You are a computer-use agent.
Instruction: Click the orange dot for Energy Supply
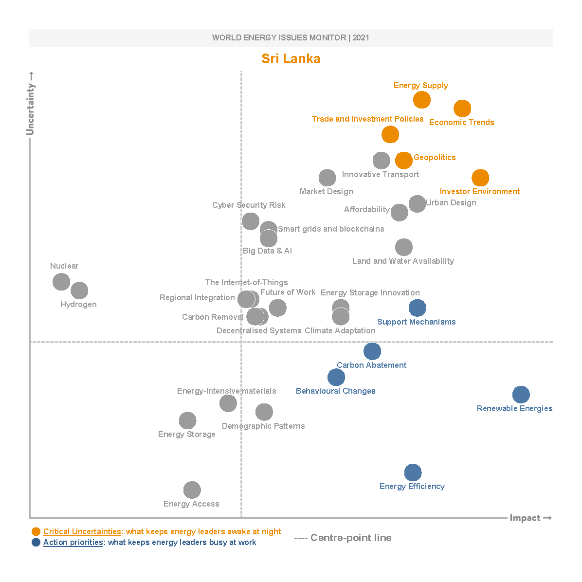tap(422, 100)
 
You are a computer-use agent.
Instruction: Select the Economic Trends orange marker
tap(462, 109)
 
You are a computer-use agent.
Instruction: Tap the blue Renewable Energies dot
tap(521, 395)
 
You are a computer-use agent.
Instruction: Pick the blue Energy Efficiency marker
tap(413, 472)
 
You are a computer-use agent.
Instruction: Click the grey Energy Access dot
tap(192, 490)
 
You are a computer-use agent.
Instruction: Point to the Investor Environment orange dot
tap(480, 178)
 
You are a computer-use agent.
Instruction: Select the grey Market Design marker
tap(327, 178)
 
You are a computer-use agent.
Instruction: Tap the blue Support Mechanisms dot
tap(417, 308)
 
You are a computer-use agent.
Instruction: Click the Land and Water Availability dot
tap(403, 247)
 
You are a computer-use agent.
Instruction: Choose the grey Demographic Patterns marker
tap(264, 412)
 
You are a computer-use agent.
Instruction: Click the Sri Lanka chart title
tap(291, 59)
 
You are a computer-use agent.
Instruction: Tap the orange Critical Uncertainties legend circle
tap(36, 531)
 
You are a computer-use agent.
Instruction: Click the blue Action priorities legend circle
tap(36, 542)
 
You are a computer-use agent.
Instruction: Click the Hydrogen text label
tap(78, 305)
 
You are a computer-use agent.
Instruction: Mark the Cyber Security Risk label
tap(249, 205)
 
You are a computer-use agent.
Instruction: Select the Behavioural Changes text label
tap(335, 391)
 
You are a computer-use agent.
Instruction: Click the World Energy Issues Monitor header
tap(291, 38)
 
